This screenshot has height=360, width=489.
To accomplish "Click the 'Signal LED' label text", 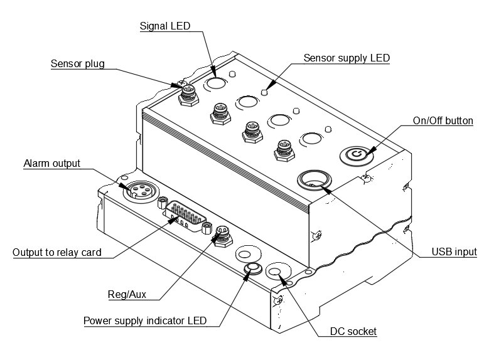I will click(164, 26).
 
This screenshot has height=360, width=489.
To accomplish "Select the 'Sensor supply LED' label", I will click(347, 58).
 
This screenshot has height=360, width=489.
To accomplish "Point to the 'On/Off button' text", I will click(443, 120).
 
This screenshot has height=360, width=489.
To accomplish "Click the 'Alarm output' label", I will click(52, 164).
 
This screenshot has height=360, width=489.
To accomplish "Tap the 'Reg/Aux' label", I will click(123, 294).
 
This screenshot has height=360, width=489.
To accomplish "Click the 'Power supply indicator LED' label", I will click(145, 321).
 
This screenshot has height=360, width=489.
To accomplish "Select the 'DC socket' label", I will click(353, 331).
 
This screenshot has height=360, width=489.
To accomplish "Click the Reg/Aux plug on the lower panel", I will click(221, 235).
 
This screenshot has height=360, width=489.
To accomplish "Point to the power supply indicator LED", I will click(253, 270).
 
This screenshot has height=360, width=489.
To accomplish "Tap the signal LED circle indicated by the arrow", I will click(215, 83).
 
